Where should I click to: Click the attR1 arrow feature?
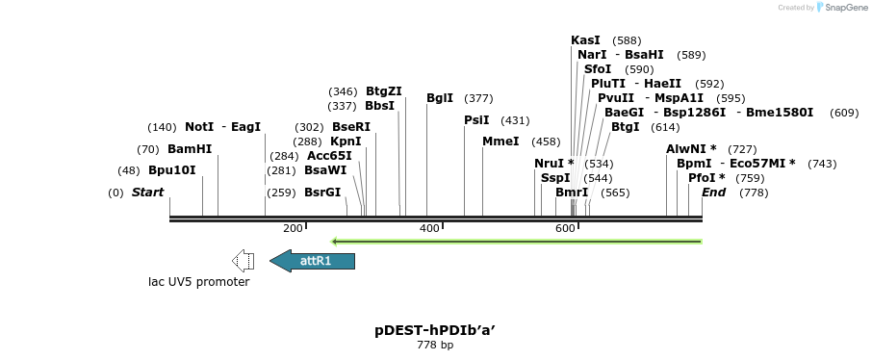(313, 261)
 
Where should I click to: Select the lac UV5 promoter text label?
(198, 282)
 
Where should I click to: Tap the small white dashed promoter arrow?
(244, 260)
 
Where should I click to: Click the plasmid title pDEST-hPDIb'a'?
(435, 330)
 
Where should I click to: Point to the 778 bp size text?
(435, 345)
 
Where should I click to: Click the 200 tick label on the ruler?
(293, 228)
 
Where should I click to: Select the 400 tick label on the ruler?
(429, 228)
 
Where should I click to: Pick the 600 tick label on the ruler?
(565, 228)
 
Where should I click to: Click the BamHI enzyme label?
(190, 149)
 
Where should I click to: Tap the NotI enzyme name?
(199, 127)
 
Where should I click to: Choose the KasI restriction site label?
(585, 40)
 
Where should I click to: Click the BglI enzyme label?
(440, 98)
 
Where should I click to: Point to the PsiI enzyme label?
(476, 120)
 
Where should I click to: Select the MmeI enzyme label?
(500, 141)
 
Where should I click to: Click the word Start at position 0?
(148, 193)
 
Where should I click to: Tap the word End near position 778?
(714, 193)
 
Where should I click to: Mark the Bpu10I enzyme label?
(171, 170)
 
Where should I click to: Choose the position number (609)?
(844, 113)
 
